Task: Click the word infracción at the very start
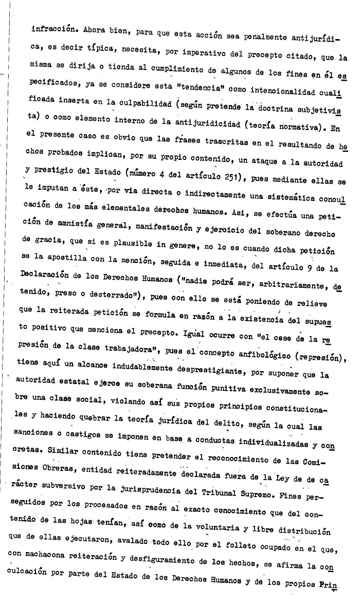coord(50,29)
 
